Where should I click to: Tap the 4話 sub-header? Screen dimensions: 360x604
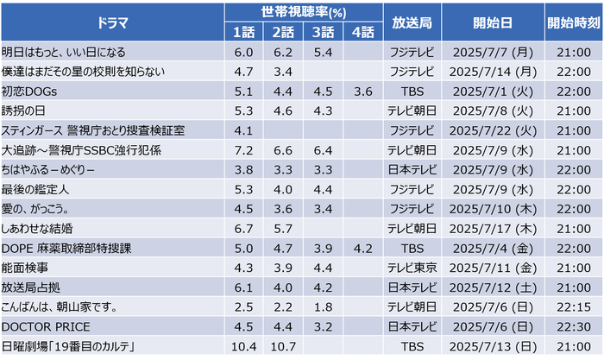pyautogui.click(x=363, y=33)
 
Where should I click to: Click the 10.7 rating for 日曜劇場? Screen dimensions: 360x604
pyautogui.click(x=284, y=346)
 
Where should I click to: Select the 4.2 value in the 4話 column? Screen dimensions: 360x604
pyautogui.click(x=363, y=248)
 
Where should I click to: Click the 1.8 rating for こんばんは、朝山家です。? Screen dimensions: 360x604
pyautogui.click(x=324, y=306)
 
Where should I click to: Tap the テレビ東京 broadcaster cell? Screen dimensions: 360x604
pyautogui.click(x=413, y=268)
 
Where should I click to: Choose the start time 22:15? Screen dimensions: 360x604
pyautogui.click(x=573, y=306)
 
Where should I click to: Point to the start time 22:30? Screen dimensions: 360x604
pyautogui.click(x=573, y=326)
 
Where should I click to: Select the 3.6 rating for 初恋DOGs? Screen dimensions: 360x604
pyautogui.click(x=363, y=91)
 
